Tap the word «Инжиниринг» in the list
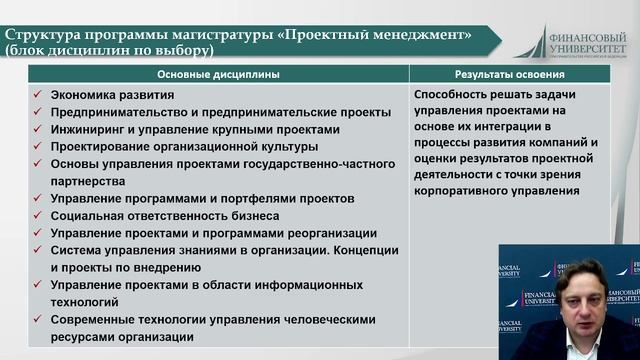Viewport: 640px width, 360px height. click(x=87, y=130)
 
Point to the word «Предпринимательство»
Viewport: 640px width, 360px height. click(x=117, y=112)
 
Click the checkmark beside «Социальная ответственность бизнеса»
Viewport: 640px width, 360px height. click(x=36, y=216)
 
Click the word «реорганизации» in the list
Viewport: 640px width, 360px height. click(x=328, y=233)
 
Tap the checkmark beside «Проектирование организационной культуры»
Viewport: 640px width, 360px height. click(x=36, y=147)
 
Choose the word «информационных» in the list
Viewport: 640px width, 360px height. click(x=312, y=285)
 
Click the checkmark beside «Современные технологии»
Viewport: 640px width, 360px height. click(x=36, y=320)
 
